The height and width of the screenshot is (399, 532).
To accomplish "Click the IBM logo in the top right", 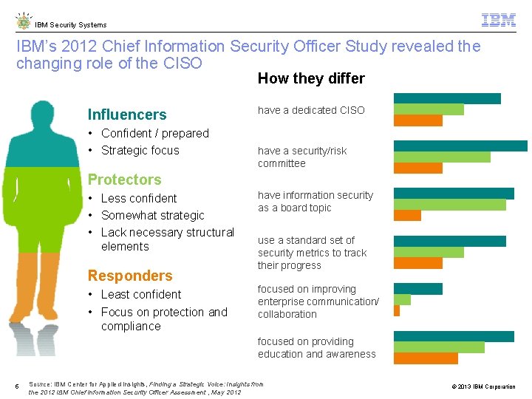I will [498, 20].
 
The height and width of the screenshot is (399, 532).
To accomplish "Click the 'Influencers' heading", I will [127, 115].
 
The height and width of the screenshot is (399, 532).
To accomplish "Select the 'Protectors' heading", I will [124, 180].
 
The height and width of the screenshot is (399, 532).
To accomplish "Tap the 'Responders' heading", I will [130, 276].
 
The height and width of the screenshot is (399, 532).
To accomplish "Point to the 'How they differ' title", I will [311, 78].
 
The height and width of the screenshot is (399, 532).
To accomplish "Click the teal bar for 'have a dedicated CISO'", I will [447, 98].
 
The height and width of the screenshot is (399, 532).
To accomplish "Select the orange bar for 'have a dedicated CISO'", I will [417, 120].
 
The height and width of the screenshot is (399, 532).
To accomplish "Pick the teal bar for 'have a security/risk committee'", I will [460, 146].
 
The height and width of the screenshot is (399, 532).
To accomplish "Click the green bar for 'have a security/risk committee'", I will [442, 157].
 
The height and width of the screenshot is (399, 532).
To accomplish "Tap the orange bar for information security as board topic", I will [407, 216].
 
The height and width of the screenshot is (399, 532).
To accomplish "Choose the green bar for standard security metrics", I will [429, 252].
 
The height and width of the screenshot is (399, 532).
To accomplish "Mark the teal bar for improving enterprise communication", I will [417, 288].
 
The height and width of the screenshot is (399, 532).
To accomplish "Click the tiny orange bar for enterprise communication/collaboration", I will [397, 310].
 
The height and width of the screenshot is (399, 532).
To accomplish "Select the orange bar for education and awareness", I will [426, 358].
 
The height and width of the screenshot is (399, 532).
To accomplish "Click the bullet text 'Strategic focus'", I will [140, 150].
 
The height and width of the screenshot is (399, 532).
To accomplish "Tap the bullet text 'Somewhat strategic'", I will [152, 215].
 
